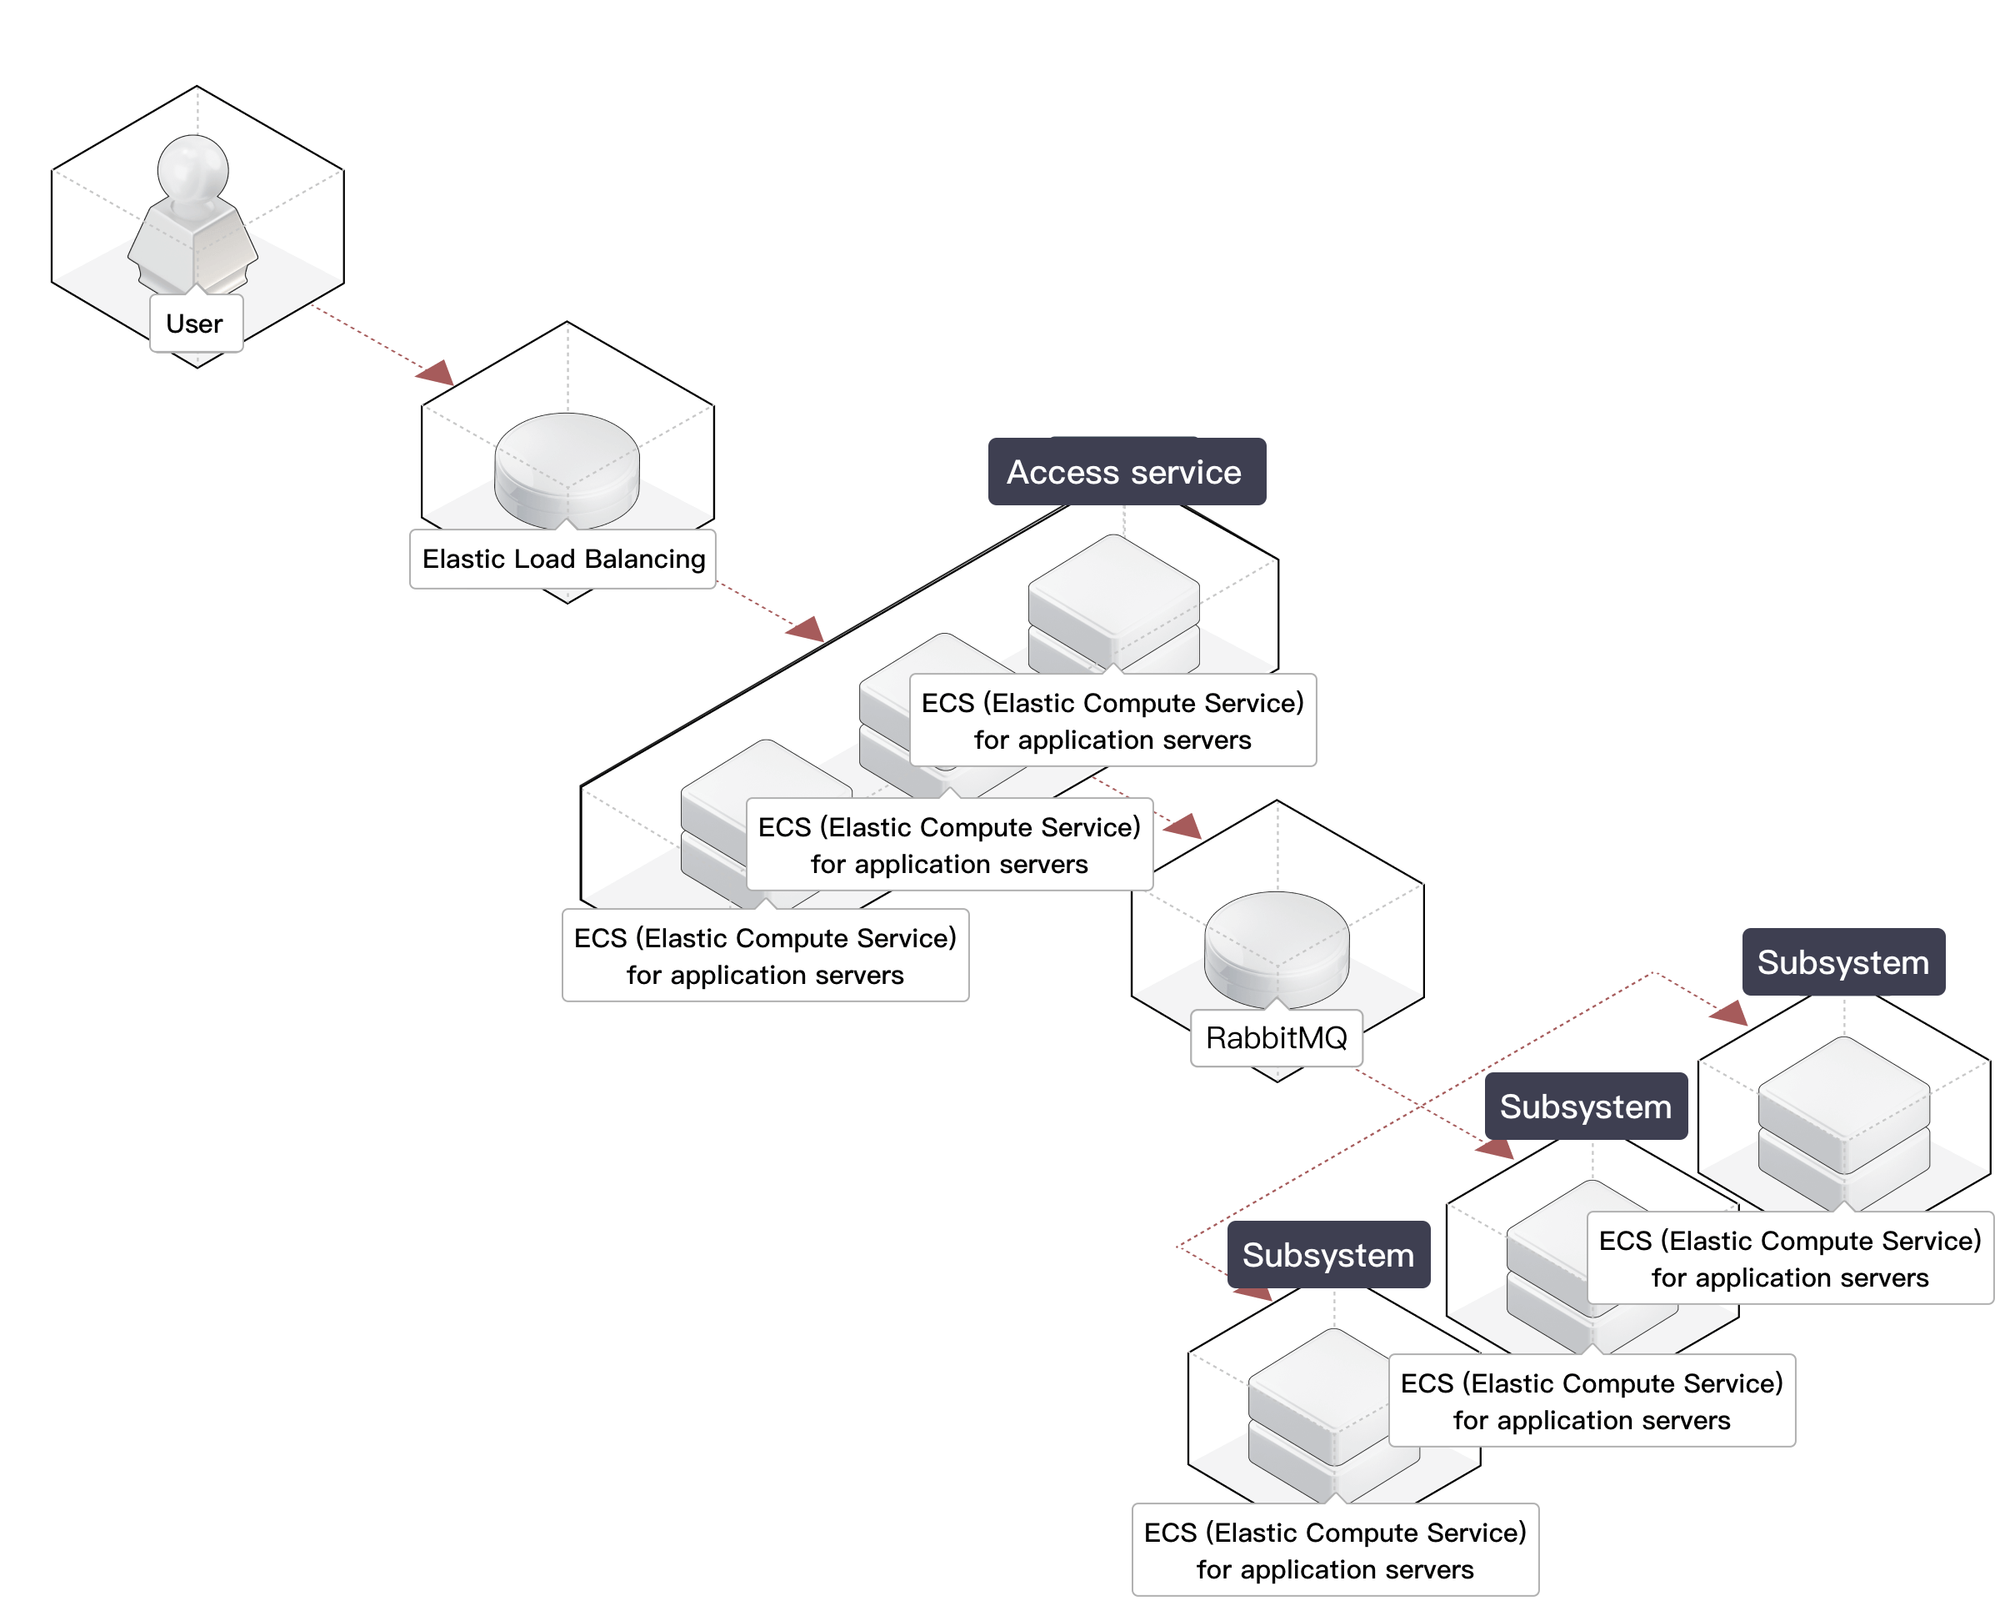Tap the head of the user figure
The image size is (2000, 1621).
[193, 166]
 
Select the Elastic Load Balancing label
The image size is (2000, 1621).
[562, 560]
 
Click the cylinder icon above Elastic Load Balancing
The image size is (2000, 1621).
[567, 467]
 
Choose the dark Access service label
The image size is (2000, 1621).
[1126, 473]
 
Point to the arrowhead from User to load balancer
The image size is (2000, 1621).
[437, 374]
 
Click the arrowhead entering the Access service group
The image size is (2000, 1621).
[807, 630]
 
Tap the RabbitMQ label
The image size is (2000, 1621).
[1276, 1037]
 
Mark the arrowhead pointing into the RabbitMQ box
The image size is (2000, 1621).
[1183, 826]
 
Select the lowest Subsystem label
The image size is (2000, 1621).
[1328, 1255]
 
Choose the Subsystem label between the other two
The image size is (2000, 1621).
[1586, 1107]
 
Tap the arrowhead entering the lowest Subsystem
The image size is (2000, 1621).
[1252, 1294]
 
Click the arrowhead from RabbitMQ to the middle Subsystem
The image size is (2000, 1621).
[1496, 1148]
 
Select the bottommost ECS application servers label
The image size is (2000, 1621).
[1334, 1550]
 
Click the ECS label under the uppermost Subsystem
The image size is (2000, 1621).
[1789, 1259]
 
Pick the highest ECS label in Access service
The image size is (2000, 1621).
[1112, 720]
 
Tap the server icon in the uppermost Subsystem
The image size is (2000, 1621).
[1843, 1107]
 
